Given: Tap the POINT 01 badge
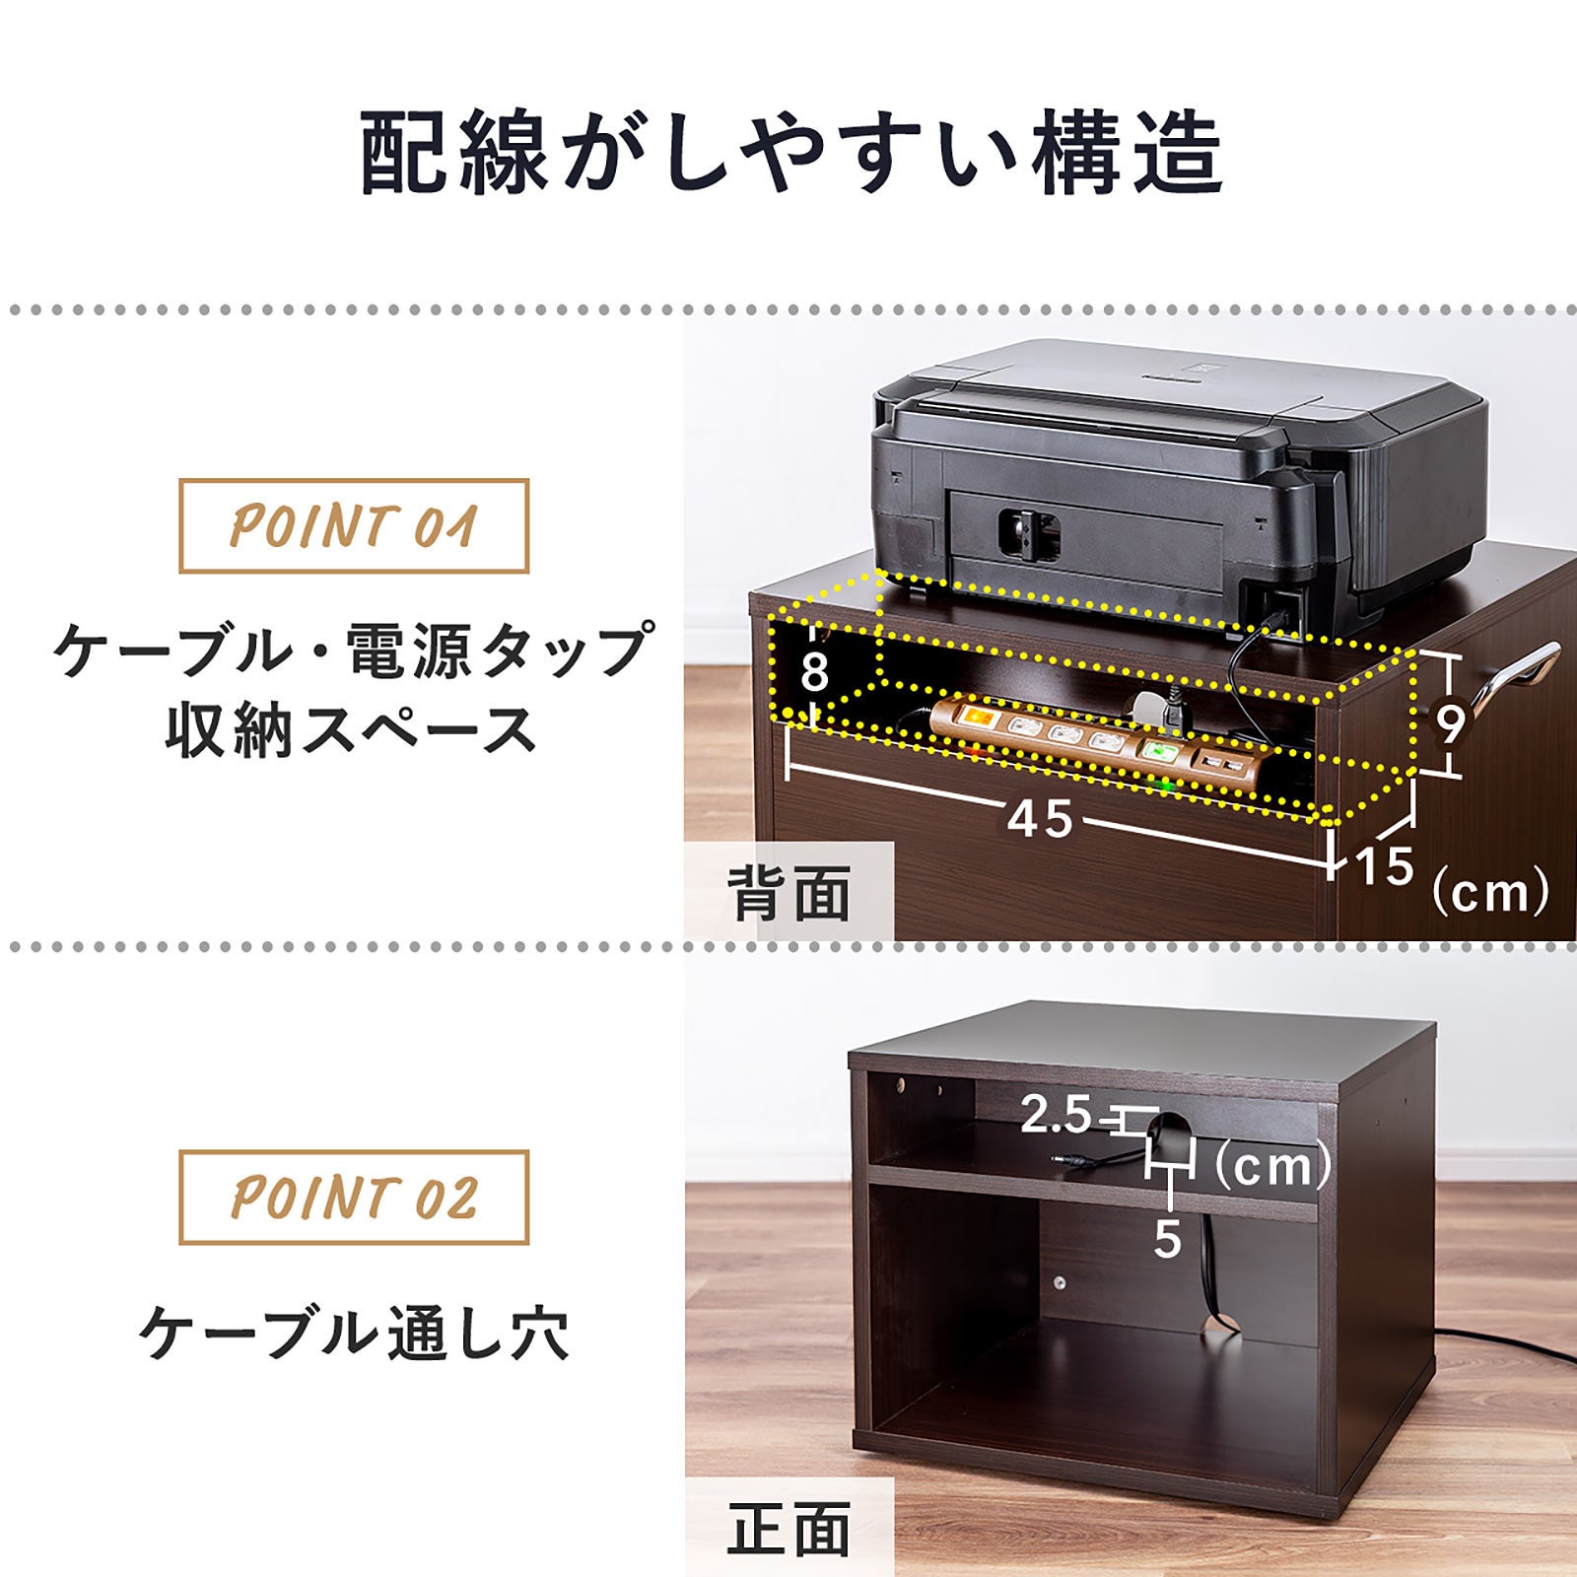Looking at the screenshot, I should (353, 525).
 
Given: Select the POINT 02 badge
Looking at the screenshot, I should (353, 1197).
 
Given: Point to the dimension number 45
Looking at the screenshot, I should (1040, 818).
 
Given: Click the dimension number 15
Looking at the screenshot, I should (1385, 865).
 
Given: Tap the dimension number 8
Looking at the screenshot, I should (814, 673).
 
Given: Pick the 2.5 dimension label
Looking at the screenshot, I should (1056, 1116).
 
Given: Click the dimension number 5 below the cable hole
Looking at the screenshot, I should (1167, 1238).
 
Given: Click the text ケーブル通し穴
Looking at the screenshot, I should (353, 1334).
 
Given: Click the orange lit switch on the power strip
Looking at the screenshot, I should (977, 717).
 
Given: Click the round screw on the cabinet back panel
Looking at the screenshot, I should (1060, 1283).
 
